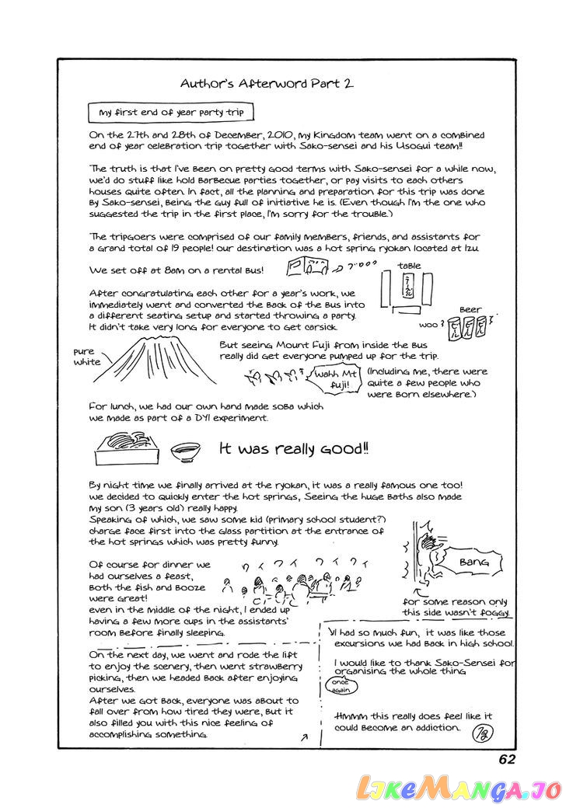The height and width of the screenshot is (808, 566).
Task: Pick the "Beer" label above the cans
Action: [470, 309]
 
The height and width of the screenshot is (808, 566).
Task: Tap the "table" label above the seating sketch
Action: [409, 266]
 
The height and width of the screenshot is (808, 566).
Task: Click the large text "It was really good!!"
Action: [294, 449]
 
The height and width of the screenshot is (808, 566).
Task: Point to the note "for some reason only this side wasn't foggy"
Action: [456, 607]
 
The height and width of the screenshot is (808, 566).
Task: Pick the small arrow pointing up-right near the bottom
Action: [303, 737]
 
